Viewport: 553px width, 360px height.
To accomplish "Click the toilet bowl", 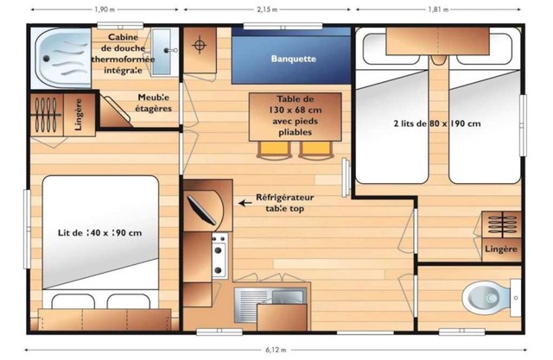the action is point(485,299).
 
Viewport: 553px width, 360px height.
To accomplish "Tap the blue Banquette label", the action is point(294,59).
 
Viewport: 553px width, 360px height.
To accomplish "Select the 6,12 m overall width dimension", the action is point(276,350).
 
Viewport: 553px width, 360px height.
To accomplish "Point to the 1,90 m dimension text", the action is point(105,9).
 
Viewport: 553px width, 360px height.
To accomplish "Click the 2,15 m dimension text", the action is point(267,9).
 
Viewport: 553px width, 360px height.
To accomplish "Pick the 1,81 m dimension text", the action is point(438,9).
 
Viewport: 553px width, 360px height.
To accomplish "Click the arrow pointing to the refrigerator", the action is point(245,203).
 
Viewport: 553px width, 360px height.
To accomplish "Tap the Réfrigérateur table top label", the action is point(284,203).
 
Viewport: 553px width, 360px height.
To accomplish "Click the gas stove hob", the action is point(219,255).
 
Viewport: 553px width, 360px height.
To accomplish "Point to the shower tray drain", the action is point(46,59).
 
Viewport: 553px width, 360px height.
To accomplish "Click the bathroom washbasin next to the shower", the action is point(162,52).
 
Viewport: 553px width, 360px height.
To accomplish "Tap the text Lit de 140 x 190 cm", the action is point(100,233).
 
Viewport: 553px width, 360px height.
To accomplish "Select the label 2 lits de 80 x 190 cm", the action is point(437,123).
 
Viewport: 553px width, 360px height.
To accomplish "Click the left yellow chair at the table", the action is point(275,149).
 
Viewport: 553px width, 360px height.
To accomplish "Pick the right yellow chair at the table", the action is point(316,149).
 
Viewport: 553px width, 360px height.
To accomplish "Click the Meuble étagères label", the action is point(154,103).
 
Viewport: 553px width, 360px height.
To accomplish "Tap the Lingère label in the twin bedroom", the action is point(501,249).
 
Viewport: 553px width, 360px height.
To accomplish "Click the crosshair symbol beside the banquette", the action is point(200,45).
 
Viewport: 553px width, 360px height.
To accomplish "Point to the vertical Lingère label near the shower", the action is point(79,115).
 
